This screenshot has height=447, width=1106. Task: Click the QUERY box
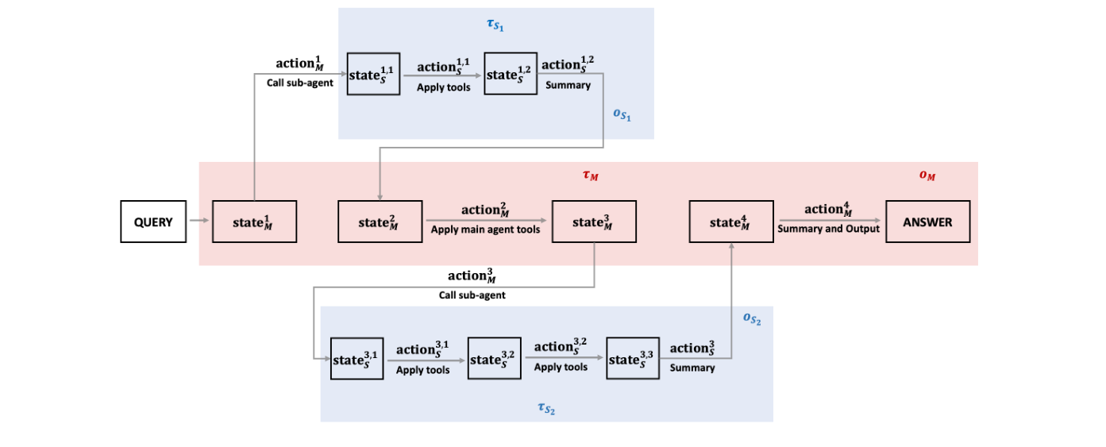point(153,222)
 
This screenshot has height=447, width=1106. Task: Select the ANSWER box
point(927,222)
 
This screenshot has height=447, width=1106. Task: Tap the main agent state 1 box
point(255,222)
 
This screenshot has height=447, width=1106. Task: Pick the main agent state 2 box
point(380,222)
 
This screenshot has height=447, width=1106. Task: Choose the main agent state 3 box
point(594,222)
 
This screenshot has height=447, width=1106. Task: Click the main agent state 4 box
point(731,222)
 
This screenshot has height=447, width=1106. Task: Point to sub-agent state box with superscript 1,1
point(371,74)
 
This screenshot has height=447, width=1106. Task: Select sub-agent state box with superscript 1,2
point(510,74)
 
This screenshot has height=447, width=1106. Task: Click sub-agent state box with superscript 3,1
point(356,359)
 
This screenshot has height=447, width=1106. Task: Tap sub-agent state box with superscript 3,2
point(494,359)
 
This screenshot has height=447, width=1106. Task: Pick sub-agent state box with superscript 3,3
point(633,359)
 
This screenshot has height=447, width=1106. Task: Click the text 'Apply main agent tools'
point(485,229)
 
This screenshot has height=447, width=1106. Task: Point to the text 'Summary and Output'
point(828,229)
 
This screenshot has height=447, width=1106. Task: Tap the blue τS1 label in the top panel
point(495,25)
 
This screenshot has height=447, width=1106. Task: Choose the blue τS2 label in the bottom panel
point(545,408)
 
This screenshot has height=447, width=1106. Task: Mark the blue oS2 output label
point(752,319)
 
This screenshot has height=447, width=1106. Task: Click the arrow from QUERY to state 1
point(198,222)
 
